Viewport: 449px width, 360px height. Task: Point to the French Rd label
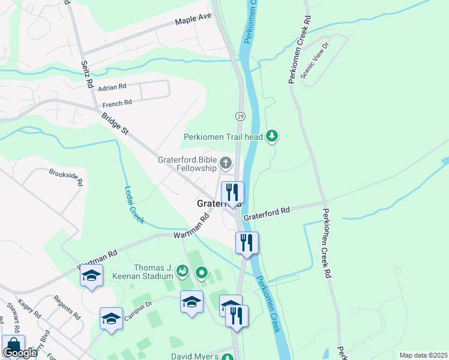pos(116,103)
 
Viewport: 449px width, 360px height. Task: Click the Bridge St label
pos(115,124)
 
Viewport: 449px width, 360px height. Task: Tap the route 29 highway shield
pos(240,116)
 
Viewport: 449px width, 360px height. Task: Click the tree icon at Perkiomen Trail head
pos(273,136)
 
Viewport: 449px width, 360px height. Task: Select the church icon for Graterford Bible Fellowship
pos(226,162)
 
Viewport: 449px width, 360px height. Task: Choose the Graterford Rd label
pos(267,211)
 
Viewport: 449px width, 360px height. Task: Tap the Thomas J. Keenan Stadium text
pos(153,272)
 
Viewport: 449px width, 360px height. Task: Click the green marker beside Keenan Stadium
pos(202,274)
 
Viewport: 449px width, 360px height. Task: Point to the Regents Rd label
pos(67,307)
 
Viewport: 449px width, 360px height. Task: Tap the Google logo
pos(20,353)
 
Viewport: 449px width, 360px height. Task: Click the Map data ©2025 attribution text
pos(423,355)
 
